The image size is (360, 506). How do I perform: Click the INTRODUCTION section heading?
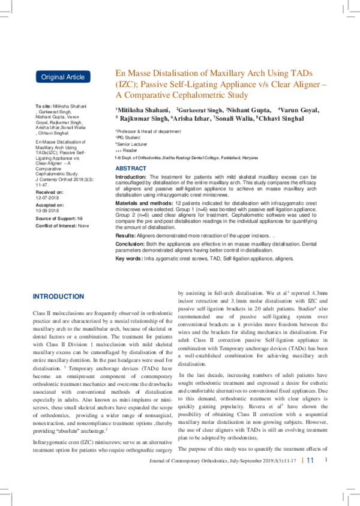pyautogui.click(x=58, y=297)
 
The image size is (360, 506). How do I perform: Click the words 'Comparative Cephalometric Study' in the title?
pyautogui.click(x=180, y=95)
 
